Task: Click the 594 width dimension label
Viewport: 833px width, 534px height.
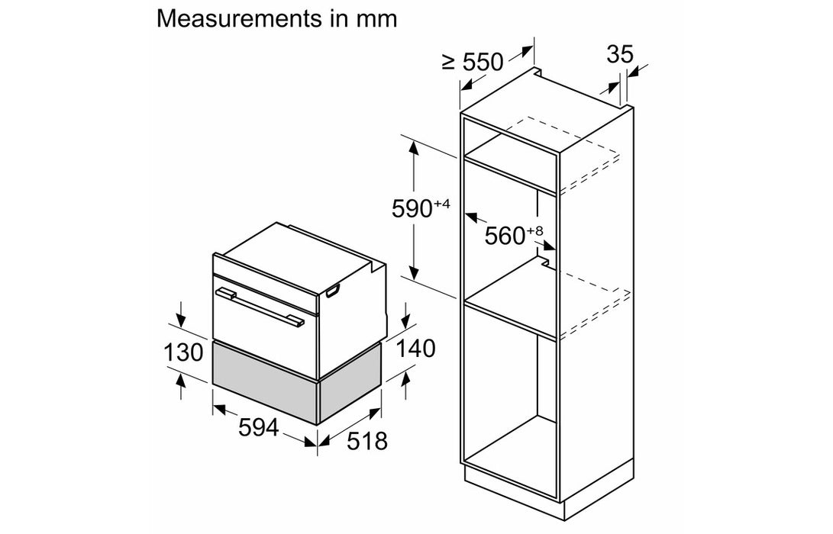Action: (258, 427)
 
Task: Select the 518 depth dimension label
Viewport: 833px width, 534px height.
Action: (367, 441)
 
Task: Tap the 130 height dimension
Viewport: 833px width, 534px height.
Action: (183, 352)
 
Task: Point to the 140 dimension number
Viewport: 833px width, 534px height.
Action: (415, 348)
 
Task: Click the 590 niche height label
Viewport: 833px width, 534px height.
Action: (412, 208)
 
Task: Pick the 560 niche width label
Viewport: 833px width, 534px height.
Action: (505, 236)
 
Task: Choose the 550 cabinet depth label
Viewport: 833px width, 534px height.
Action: (483, 63)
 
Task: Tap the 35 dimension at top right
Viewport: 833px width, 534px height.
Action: (620, 54)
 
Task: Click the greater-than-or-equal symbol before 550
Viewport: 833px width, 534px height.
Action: (449, 63)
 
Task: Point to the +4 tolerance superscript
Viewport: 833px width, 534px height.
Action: (442, 203)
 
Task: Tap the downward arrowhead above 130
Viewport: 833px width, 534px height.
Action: (181, 320)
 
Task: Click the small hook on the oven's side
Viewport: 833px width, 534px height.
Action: (333, 291)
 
